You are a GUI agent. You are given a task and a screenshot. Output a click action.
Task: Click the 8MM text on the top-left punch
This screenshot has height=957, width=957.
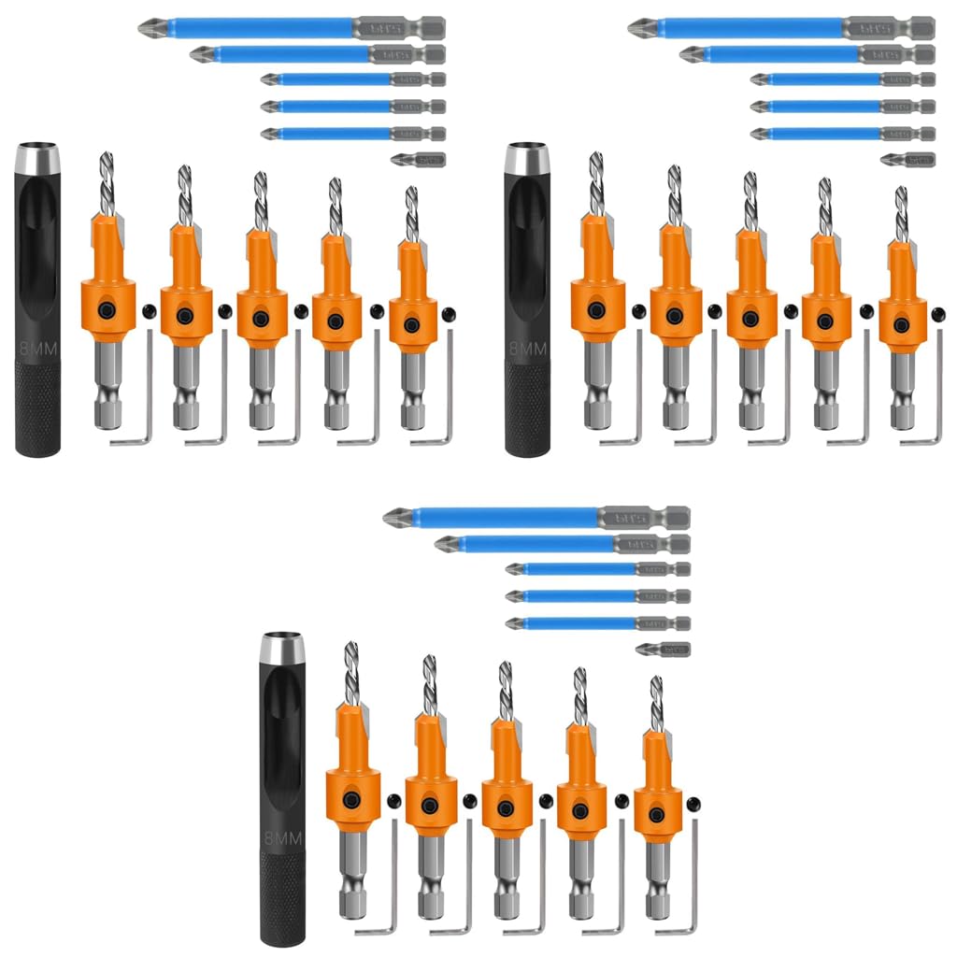tap(37, 350)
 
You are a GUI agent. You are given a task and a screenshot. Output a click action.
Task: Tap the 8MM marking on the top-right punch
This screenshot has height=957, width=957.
tap(527, 350)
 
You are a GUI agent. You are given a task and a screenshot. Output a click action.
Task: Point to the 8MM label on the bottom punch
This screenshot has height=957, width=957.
tap(283, 838)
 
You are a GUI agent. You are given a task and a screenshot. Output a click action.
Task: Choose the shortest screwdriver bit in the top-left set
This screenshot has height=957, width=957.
tap(419, 160)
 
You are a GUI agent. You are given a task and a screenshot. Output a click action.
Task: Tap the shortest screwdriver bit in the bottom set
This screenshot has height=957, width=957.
tap(664, 649)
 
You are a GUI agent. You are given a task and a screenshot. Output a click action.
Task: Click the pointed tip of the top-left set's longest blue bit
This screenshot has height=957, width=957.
tap(143, 27)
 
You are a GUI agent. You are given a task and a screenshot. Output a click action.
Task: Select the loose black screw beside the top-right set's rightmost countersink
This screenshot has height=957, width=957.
tap(937, 312)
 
